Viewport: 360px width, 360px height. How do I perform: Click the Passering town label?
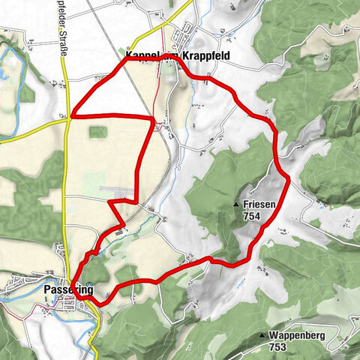(68, 289)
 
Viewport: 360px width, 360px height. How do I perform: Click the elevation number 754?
(253, 214)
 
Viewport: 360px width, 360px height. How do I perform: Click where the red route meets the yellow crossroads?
(70, 116)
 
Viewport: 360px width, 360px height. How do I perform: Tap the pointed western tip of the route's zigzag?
(109, 202)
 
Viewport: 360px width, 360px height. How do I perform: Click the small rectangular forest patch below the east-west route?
(97, 132)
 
